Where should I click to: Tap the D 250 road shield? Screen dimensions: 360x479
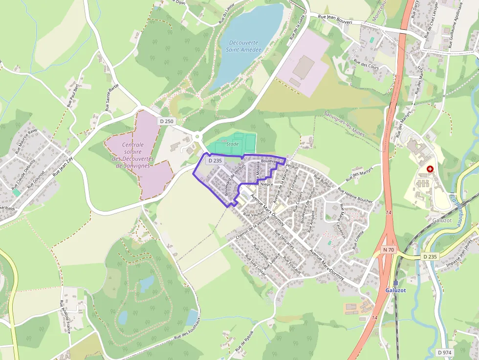point(166,121)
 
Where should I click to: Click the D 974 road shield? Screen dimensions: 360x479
point(444,353)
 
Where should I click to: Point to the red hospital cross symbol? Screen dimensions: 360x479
point(430,169)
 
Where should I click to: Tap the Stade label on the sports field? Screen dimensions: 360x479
point(232,144)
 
